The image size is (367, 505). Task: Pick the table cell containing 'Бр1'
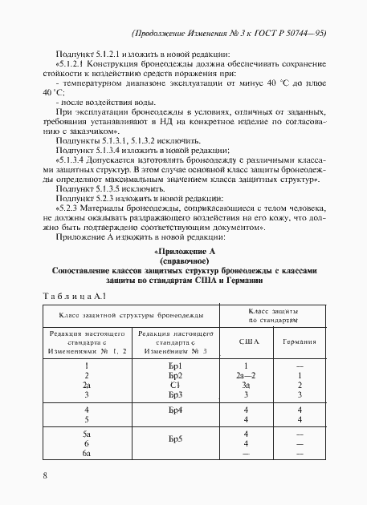176,366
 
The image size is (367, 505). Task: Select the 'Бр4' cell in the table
176,411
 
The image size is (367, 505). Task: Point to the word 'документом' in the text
239,226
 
